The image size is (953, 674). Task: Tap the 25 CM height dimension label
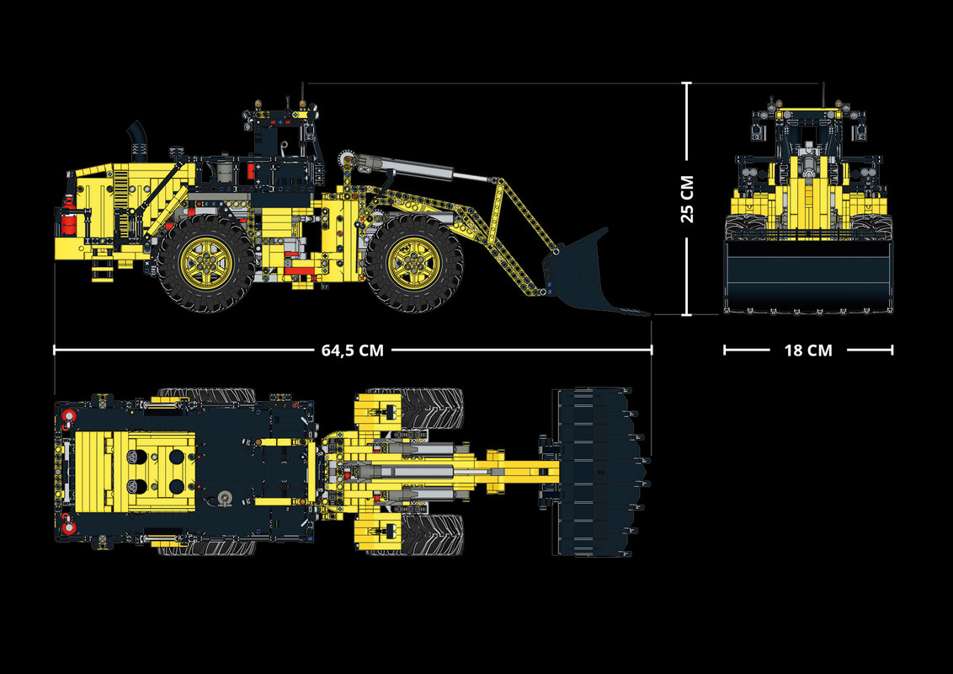tap(688, 199)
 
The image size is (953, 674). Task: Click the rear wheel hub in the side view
tap(205, 262)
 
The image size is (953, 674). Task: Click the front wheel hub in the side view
tap(413, 262)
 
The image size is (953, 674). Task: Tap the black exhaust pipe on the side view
tap(137, 140)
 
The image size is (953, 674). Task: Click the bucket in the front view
tap(808, 276)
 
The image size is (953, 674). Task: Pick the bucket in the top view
tap(599, 472)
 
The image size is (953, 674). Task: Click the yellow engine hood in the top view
tap(135, 472)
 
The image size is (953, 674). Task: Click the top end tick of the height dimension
tap(687, 83)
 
